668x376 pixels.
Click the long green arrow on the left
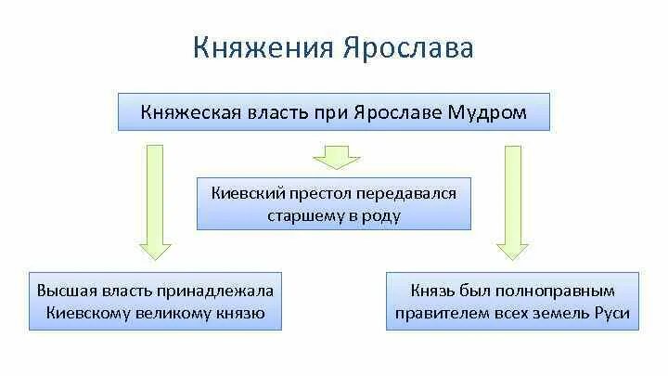(x=155, y=200)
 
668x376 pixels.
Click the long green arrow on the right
(x=511, y=200)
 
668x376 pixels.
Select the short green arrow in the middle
(x=333, y=155)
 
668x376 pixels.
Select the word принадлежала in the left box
(x=217, y=290)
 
